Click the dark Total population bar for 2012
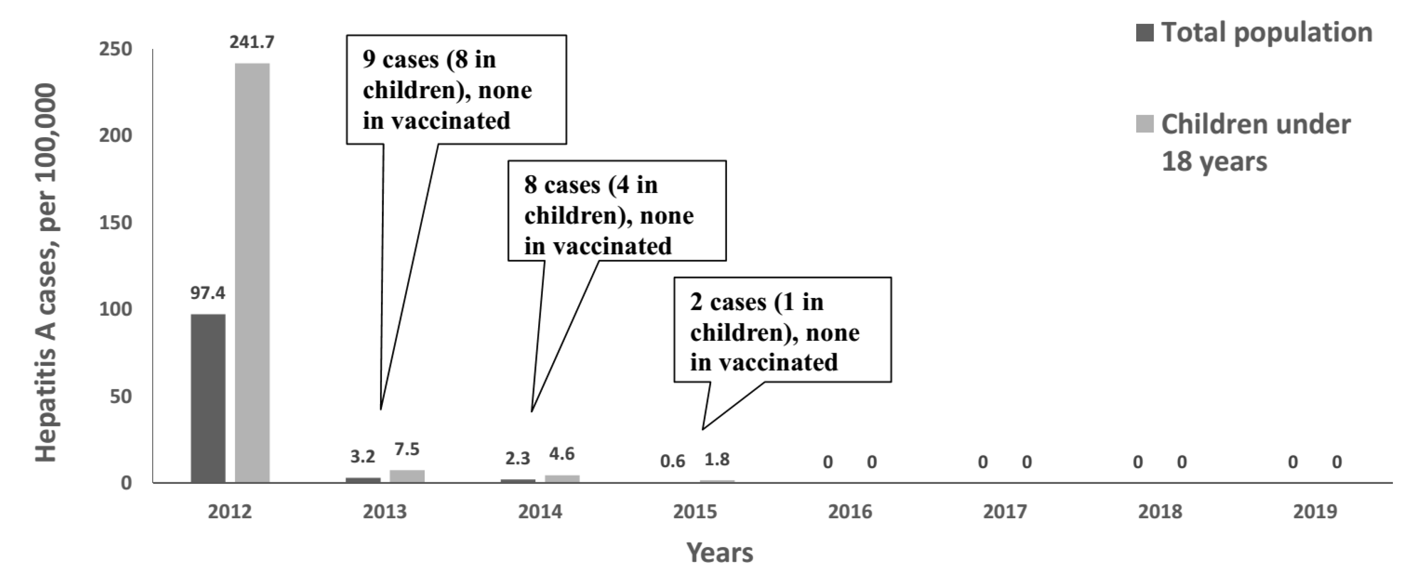(x=208, y=398)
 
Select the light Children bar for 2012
(x=252, y=273)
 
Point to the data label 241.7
(x=252, y=42)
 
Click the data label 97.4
(x=208, y=293)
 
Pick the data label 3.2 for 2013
(x=363, y=456)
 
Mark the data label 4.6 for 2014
(x=562, y=454)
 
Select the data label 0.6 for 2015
(x=673, y=460)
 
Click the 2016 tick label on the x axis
(x=850, y=512)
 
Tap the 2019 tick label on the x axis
(x=1315, y=512)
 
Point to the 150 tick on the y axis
(x=115, y=223)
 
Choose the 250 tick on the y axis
(x=115, y=49)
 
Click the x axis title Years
(x=719, y=553)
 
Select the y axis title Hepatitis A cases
(x=46, y=273)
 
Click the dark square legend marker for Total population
(x=1144, y=33)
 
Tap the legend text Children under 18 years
(x=1256, y=142)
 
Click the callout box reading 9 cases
(x=456, y=90)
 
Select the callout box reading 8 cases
(x=617, y=210)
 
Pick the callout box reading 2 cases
(x=782, y=330)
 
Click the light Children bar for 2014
(x=562, y=478)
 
